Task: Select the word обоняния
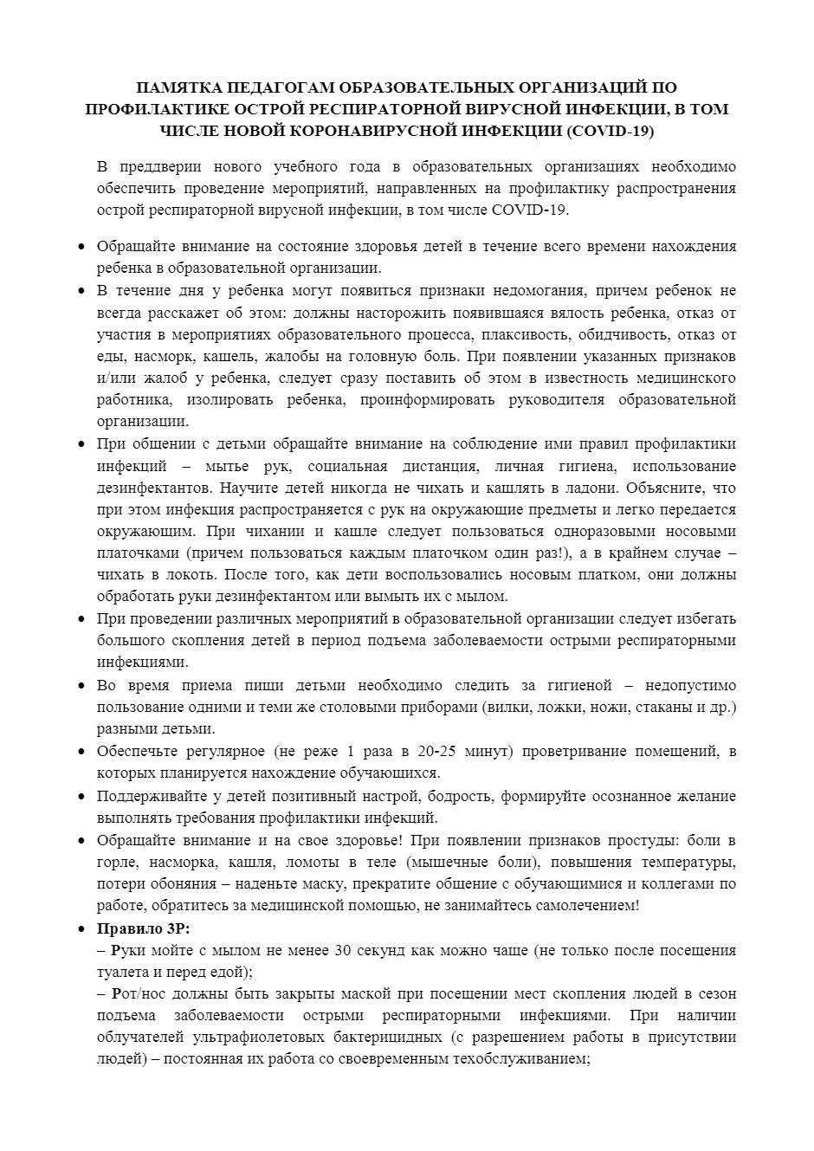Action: click(x=178, y=884)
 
